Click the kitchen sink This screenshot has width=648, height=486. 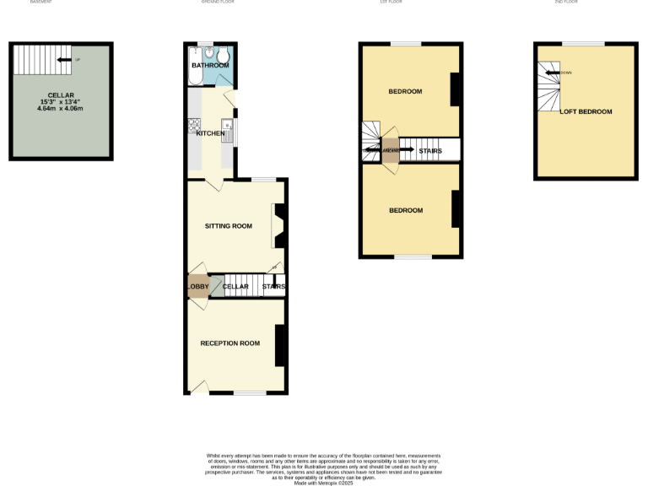[x=227, y=129]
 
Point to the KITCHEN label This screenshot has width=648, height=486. [x=210, y=133]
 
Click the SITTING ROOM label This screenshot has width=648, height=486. [x=229, y=226]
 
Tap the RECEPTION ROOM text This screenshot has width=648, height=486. [x=229, y=343]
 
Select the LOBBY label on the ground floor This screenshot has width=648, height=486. [x=197, y=287]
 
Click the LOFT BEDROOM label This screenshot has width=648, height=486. [x=586, y=111]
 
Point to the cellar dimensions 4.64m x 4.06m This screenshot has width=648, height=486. [x=60, y=108]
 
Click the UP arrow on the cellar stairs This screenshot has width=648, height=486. [x=63, y=59]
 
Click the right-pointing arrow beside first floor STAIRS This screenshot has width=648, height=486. [x=405, y=151]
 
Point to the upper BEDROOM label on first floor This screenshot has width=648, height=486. [x=405, y=91]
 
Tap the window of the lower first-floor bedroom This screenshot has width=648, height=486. [x=413, y=256]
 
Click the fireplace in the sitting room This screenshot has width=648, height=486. [x=278, y=227]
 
